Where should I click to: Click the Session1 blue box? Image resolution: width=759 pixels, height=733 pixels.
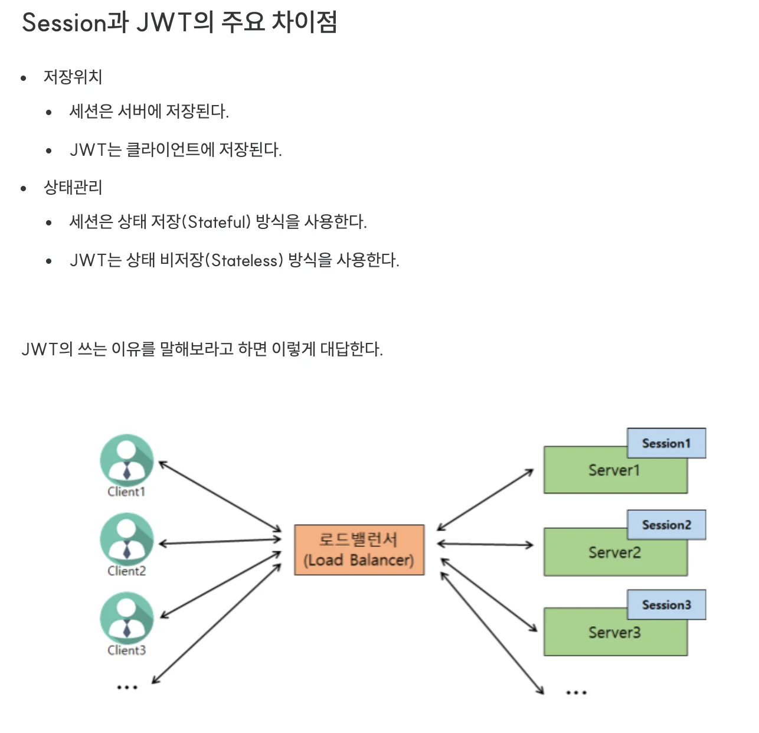[666, 443]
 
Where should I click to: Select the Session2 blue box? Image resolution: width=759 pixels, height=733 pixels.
[666, 525]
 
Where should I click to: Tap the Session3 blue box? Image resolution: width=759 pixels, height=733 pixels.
[666, 604]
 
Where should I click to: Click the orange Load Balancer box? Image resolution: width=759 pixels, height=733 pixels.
[359, 549]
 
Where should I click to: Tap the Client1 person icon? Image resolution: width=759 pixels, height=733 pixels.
[126, 460]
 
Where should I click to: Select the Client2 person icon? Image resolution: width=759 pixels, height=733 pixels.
[126, 539]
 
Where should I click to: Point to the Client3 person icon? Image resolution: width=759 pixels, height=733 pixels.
[126, 618]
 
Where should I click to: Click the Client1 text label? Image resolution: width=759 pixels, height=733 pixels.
[126, 492]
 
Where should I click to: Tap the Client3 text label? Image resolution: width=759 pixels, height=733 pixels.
[126, 650]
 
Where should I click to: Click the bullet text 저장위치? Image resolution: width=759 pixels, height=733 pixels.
[73, 77]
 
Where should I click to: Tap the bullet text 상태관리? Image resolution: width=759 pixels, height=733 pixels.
[73, 188]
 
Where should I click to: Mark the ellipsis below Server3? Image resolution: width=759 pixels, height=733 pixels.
[576, 692]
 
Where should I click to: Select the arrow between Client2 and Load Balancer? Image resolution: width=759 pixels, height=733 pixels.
[220, 541]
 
